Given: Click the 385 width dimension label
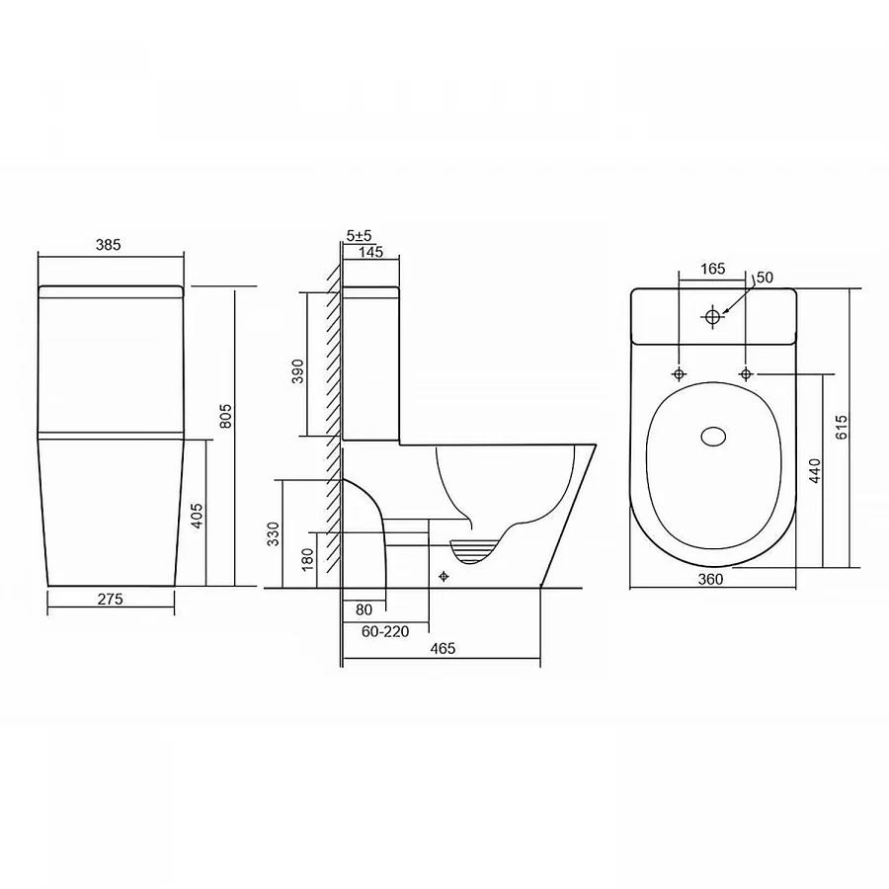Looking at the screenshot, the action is [x=109, y=244].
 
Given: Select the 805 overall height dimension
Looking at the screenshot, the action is [x=225, y=416].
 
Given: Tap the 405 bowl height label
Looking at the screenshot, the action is [x=197, y=516].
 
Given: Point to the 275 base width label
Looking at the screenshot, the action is [x=110, y=599].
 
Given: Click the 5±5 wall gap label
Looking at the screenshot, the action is [x=359, y=235].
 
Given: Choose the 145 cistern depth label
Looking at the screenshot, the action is [x=370, y=251].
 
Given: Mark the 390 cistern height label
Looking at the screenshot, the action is [x=297, y=371].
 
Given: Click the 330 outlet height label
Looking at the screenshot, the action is [x=274, y=534].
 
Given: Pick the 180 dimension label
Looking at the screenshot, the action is [x=307, y=560].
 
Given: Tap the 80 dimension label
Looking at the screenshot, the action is [x=364, y=609].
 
